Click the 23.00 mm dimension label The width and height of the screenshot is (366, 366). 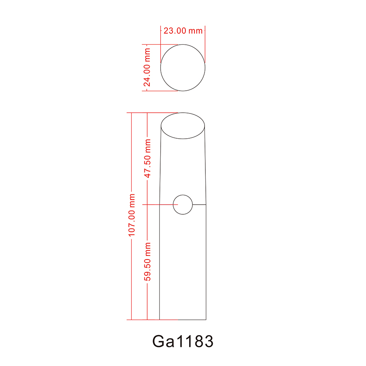click(183, 30)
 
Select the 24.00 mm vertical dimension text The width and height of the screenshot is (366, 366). click(147, 68)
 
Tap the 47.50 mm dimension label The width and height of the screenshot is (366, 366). click(148, 158)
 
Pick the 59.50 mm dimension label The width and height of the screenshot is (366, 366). click(148, 261)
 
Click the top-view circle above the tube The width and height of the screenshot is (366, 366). click(183, 68)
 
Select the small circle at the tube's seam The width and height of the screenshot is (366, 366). click(183, 204)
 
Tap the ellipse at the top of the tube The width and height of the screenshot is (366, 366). click(183, 126)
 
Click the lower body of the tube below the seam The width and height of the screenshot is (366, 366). click(183, 264)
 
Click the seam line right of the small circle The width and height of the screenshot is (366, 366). click(199, 204)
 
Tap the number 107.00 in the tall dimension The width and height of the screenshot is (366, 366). click(131, 222)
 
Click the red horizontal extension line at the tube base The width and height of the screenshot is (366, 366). click(142, 320)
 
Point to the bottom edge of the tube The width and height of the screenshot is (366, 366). click(183, 320)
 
